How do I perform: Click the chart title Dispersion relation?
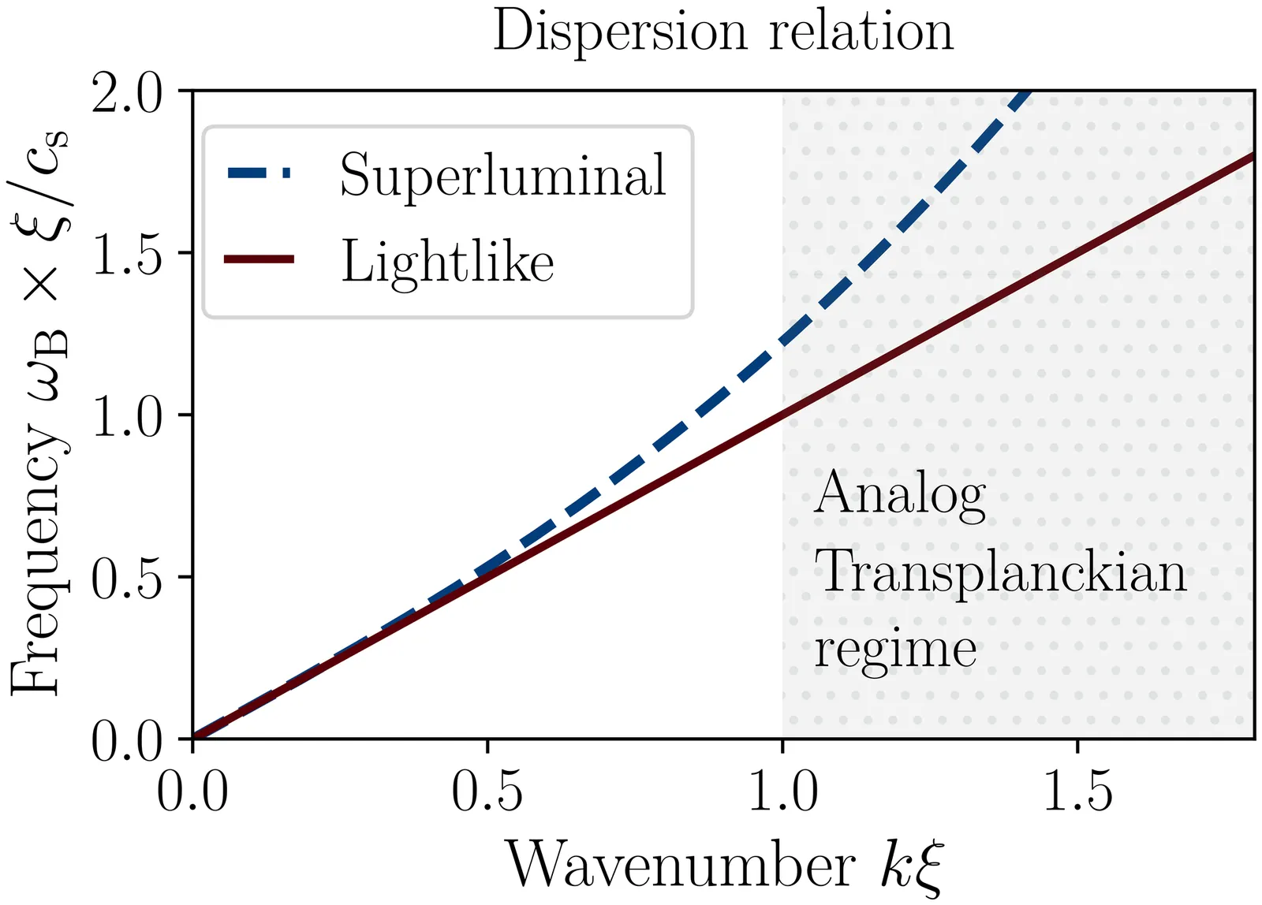[x=722, y=32]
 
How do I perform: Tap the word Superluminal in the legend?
[x=502, y=174]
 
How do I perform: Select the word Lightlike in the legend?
[x=447, y=261]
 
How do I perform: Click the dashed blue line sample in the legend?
[x=259, y=173]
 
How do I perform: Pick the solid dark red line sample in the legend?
[x=259, y=259]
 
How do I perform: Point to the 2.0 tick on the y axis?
[x=127, y=92]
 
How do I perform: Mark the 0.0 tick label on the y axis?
[x=127, y=740]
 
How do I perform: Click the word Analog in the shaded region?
[x=900, y=494]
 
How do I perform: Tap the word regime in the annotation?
[x=895, y=649]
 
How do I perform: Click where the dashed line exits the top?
[x=1027, y=94]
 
